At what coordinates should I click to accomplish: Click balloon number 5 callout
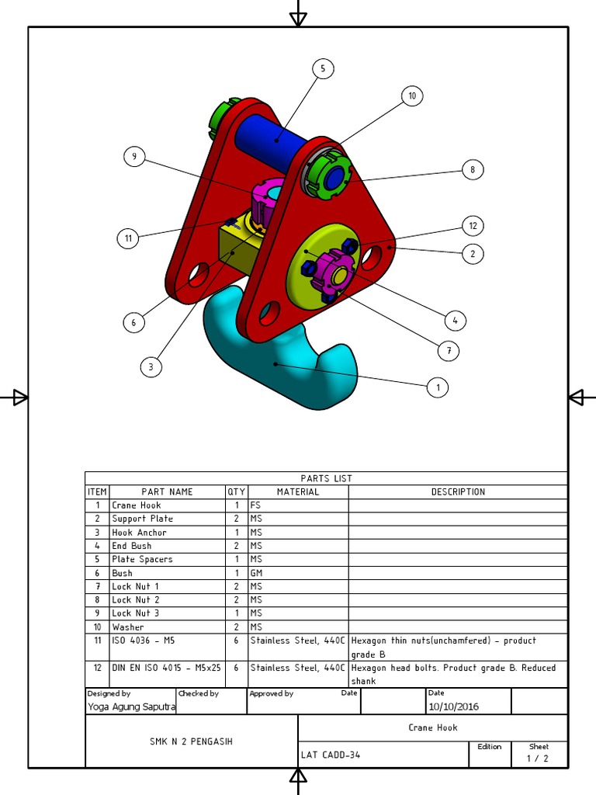[324, 68]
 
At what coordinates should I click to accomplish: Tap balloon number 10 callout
[412, 96]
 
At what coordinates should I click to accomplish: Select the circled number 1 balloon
[438, 387]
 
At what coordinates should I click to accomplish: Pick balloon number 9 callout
[134, 157]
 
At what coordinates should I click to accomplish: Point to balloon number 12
[473, 226]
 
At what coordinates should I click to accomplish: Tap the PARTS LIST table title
[326, 478]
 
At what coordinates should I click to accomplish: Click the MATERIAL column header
[298, 491]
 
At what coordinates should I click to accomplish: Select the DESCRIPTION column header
[458, 491]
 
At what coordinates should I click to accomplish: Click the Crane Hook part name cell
[137, 505]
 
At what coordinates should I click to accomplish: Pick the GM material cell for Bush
[256, 573]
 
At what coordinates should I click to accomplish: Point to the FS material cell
[255, 505]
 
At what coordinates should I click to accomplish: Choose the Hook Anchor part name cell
[139, 533]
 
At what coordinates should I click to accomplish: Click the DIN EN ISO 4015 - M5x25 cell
[166, 668]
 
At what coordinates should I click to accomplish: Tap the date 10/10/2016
[454, 706]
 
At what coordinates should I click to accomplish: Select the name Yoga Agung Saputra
[131, 706]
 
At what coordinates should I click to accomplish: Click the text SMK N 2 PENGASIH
[191, 741]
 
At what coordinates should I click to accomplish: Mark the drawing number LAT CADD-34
[331, 755]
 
